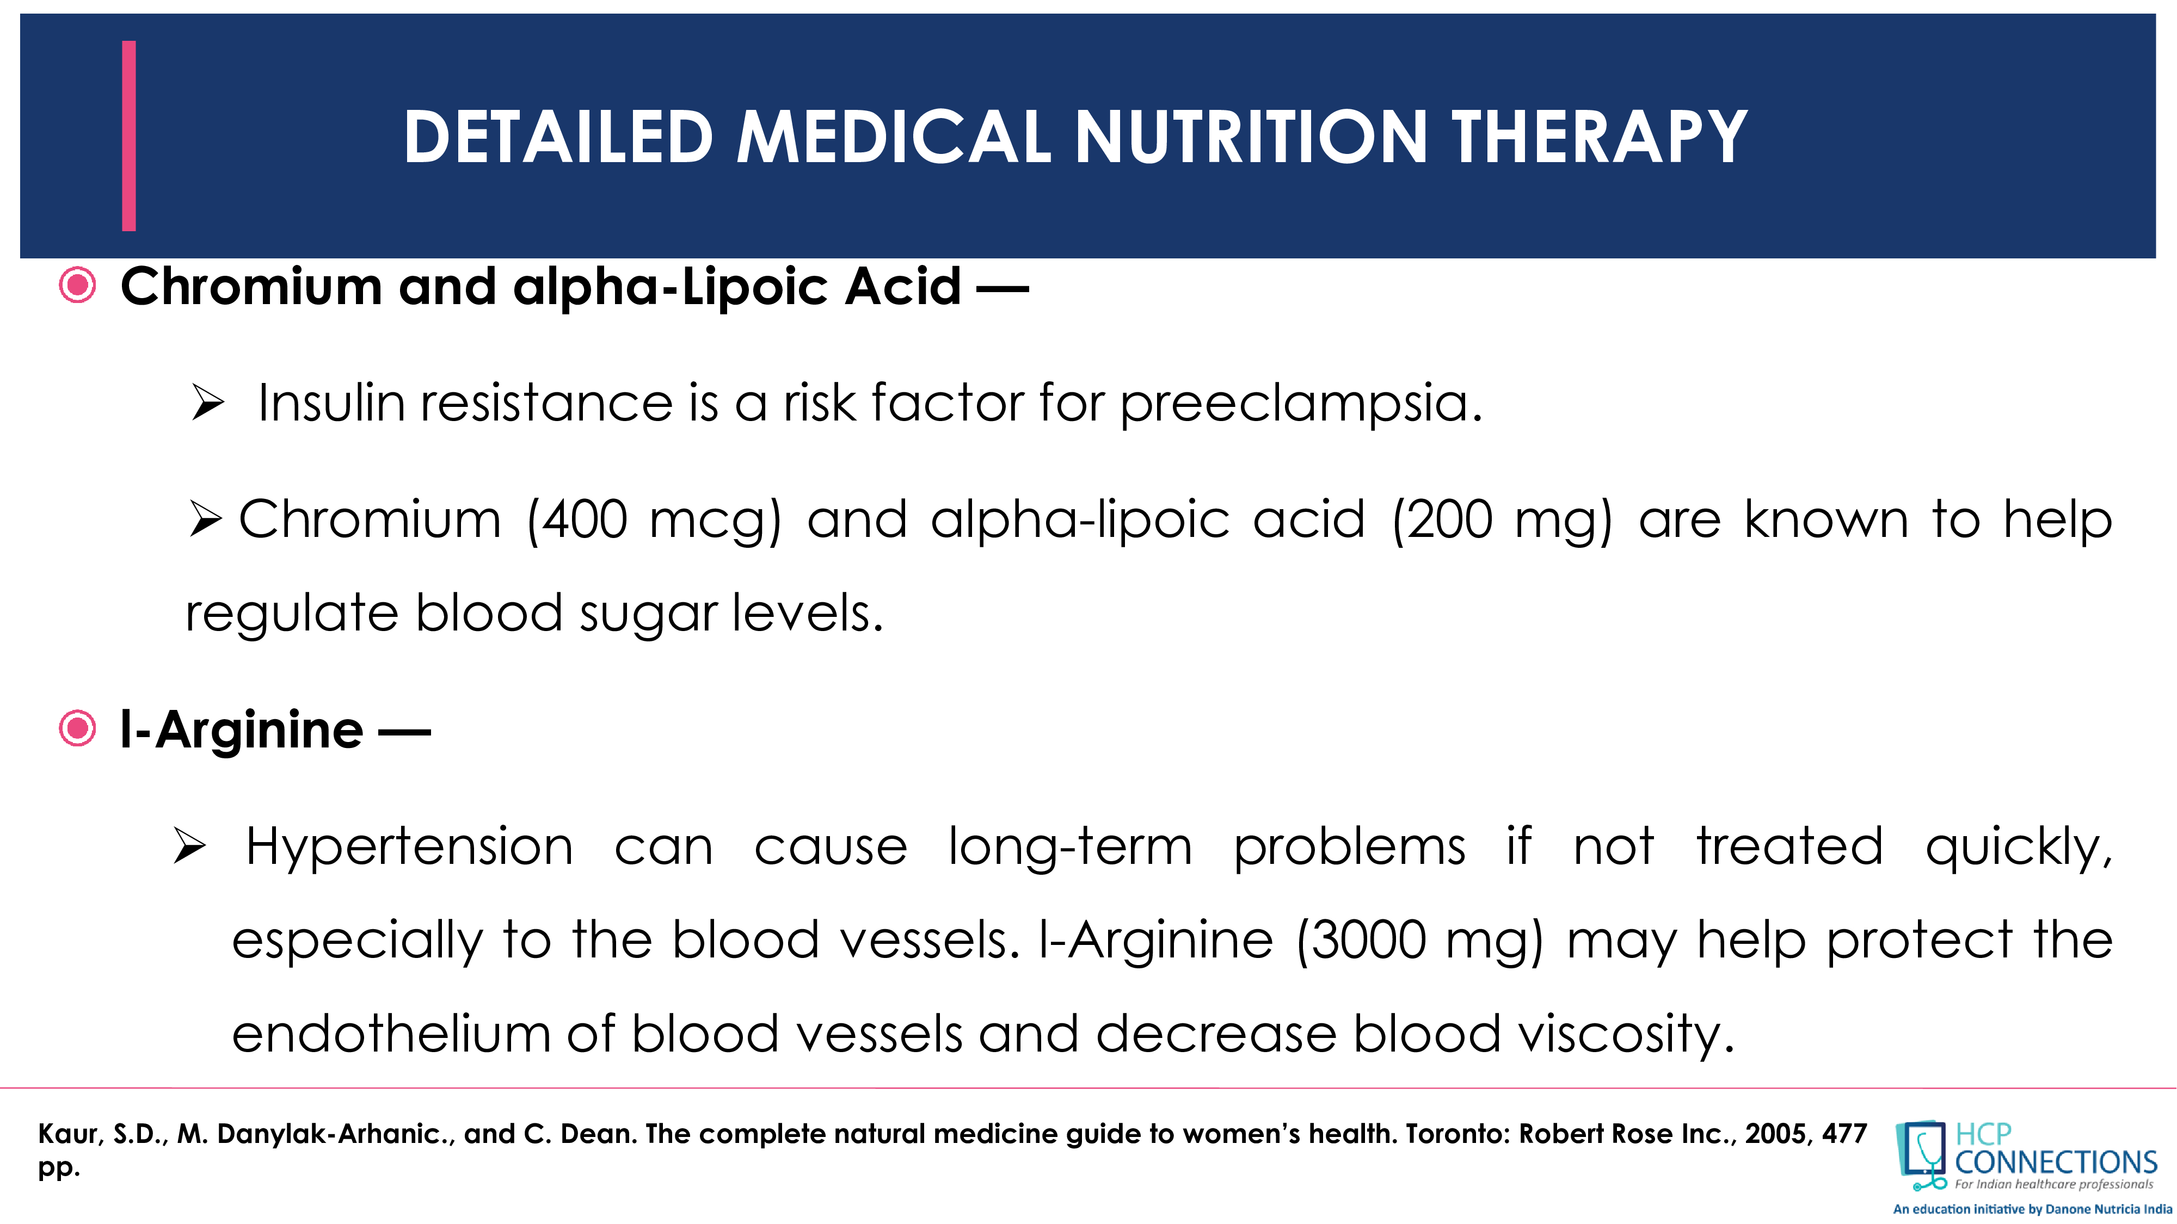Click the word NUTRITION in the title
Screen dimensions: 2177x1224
(x=1251, y=137)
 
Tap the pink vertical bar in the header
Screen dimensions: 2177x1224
(x=128, y=135)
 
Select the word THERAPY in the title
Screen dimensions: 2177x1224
(x=1599, y=137)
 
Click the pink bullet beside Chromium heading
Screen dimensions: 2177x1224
(x=78, y=286)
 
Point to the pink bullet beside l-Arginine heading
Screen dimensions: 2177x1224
(x=78, y=728)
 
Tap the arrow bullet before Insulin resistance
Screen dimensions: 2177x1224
(x=207, y=402)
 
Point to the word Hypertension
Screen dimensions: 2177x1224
(x=409, y=847)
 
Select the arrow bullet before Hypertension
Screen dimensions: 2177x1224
(x=189, y=846)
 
